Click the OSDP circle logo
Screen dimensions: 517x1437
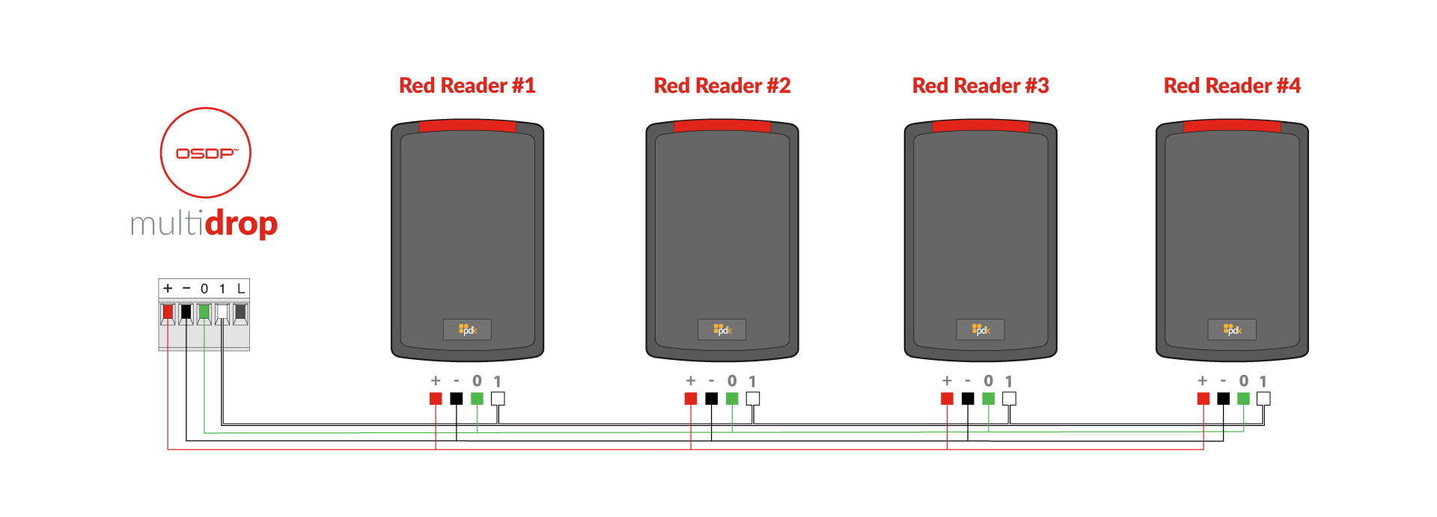point(206,153)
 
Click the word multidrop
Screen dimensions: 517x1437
point(204,224)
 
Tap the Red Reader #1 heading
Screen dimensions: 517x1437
point(467,86)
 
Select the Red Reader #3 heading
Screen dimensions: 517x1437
point(980,86)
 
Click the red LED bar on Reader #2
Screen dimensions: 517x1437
point(722,126)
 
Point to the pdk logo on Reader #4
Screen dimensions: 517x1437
point(1232,329)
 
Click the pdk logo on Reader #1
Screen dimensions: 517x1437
point(467,329)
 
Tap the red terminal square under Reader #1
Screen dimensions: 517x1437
point(436,399)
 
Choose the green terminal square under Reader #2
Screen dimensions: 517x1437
point(732,399)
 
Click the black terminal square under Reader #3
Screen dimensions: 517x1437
point(968,399)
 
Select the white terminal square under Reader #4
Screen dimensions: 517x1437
point(1263,399)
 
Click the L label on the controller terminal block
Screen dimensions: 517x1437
point(241,288)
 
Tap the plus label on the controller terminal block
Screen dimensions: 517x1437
point(168,288)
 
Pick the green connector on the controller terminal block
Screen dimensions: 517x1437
point(204,311)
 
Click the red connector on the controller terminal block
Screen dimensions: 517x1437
point(168,311)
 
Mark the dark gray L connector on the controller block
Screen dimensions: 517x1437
point(240,311)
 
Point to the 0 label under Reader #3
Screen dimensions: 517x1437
point(988,381)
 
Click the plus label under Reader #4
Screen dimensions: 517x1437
point(1203,381)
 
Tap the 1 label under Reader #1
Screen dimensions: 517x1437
point(498,381)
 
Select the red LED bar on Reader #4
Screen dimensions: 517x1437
point(1232,126)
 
